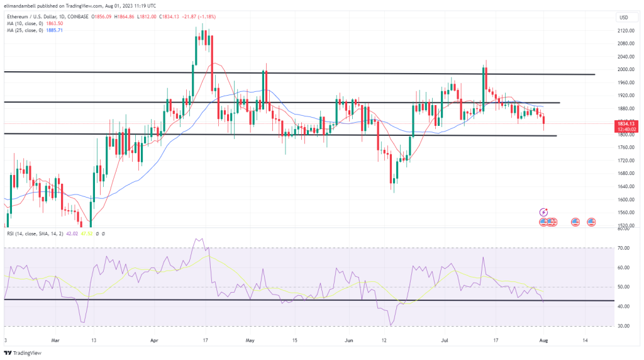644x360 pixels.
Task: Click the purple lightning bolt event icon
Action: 544,213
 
